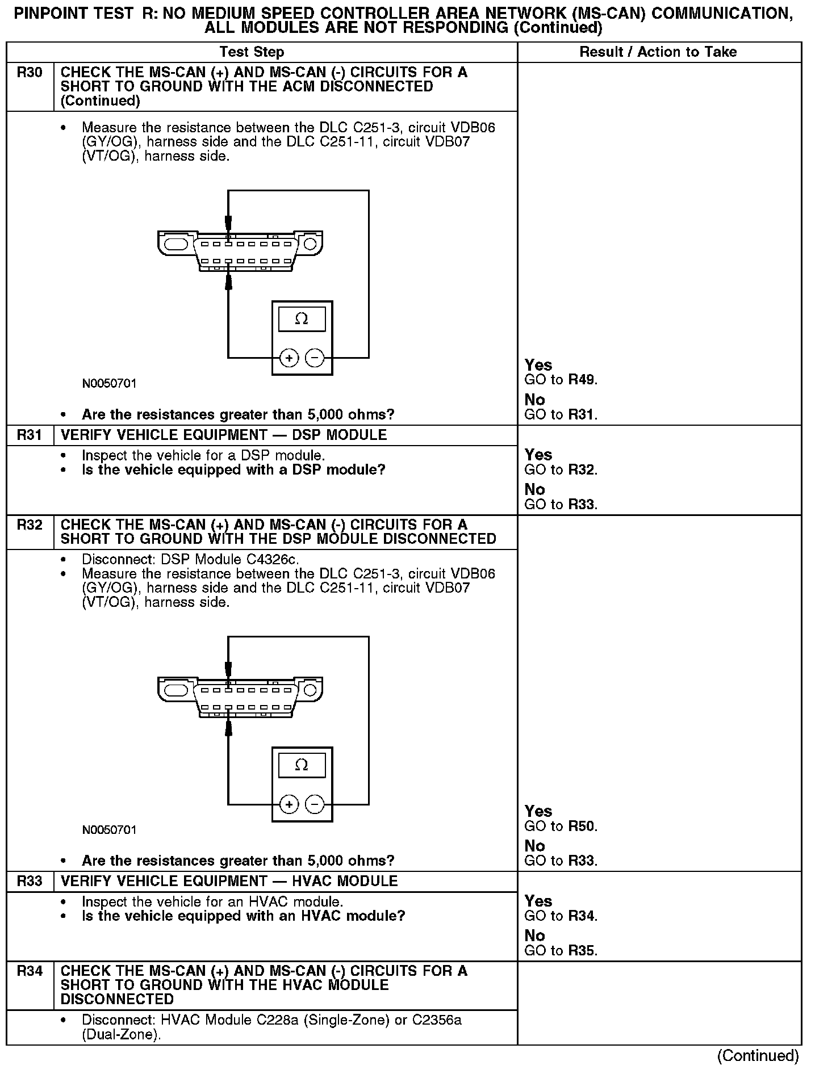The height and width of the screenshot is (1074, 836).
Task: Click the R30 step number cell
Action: [30, 73]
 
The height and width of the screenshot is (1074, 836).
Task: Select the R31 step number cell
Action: [30, 435]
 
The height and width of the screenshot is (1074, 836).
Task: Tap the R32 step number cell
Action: [30, 525]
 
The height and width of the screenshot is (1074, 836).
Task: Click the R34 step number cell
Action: [30, 971]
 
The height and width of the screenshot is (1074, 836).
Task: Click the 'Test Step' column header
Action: [252, 52]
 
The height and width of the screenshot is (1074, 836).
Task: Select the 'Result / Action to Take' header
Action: [658, 52]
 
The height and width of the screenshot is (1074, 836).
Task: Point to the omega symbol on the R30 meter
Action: [302, 319]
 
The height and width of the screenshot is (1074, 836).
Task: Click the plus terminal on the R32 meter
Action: [289, 804]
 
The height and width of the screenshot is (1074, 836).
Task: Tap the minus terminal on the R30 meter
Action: [315, 358]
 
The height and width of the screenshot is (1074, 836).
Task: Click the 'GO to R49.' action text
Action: [561, 380]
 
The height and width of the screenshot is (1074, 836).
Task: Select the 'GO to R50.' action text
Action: [561, 826]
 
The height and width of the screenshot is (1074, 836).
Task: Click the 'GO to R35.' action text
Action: [561, 950]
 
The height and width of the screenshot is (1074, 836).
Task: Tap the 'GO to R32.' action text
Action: [561, 469]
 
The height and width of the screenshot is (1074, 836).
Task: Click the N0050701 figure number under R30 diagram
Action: [109, 384]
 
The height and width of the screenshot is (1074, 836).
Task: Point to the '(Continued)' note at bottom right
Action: [758, 1056]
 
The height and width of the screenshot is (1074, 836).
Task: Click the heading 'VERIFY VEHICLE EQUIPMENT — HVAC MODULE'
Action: [229, 881]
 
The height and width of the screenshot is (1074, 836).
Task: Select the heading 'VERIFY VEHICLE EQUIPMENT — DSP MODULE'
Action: [223, 435]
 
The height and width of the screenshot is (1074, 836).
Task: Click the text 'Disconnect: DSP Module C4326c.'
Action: [190, 559]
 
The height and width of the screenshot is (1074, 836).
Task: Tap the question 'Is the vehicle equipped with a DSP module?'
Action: [233, 470]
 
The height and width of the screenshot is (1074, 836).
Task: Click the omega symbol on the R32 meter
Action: [302, 765]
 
